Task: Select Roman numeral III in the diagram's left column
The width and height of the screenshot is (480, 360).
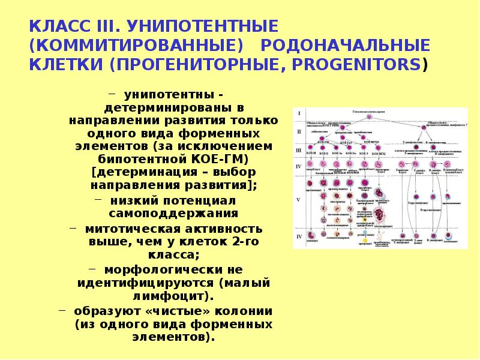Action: [299, 150]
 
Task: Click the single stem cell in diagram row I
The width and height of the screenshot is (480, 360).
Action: [370, 117]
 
